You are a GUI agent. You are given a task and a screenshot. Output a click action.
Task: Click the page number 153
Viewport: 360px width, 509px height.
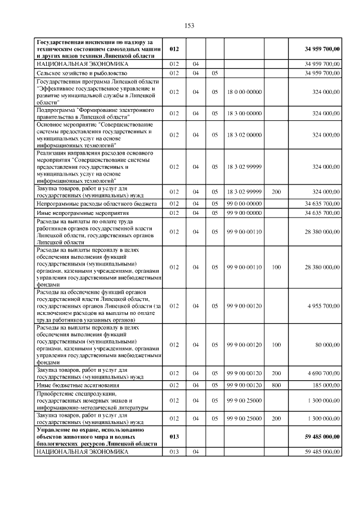tap(190, 25)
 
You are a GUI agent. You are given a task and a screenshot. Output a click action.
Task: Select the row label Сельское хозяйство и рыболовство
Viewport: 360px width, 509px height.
tap(83, 73)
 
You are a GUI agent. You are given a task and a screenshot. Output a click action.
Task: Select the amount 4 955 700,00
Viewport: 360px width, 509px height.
tap(324, 305)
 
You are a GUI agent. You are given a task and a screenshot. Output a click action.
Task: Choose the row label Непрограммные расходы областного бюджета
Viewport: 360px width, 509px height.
tap(96, 203)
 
